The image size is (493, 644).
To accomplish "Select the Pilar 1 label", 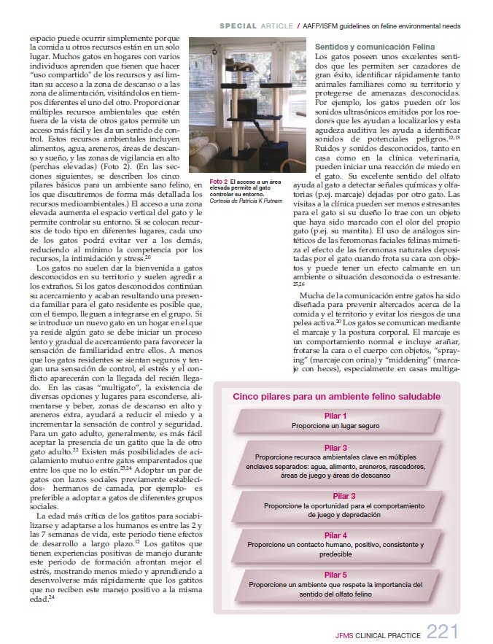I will [335, 415].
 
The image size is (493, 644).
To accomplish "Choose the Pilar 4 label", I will [335, 535].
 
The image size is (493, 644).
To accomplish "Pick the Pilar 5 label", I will [335, 575].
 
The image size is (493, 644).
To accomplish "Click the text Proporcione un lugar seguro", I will [335, 425].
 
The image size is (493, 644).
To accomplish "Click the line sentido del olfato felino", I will [335, 595].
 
